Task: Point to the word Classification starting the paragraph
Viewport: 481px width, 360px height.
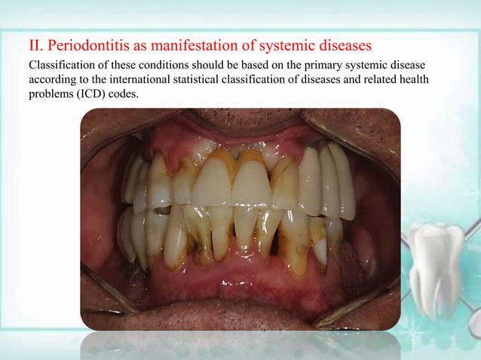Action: (x=57, y=66)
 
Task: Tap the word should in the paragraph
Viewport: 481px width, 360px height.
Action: (x=189, y=66)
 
